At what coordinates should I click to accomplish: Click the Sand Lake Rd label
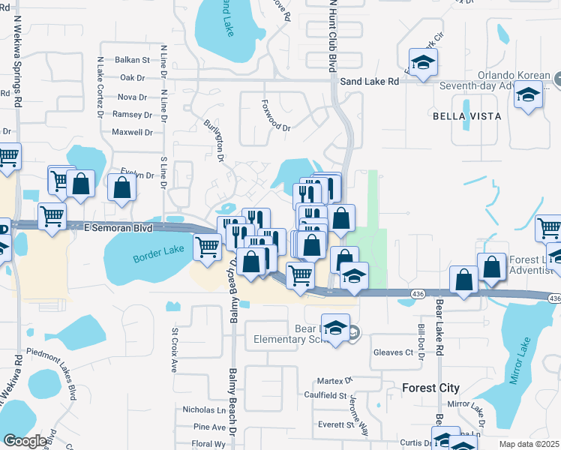[x=369, y=81]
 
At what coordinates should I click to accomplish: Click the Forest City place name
[x=430, y=388]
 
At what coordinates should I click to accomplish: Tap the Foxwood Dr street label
[x=275, y=116]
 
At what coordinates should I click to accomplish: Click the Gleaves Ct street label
[x=393, y=352]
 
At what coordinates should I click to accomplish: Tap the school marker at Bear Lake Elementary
[x=337, y=327]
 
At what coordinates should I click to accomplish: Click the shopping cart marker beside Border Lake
[x=208, y=246]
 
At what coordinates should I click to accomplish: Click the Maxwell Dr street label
[x=132, y=132]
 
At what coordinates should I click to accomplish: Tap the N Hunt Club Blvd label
[x=329, y=37]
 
